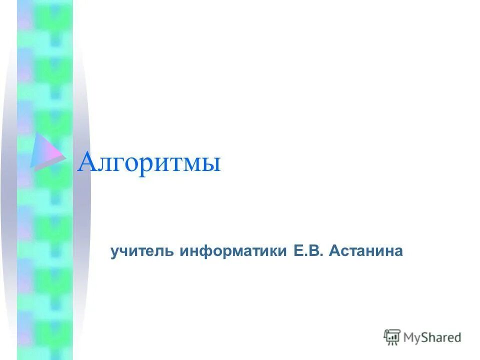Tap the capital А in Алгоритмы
86,161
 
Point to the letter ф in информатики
213,251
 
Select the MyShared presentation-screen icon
392,337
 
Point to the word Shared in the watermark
443,337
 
